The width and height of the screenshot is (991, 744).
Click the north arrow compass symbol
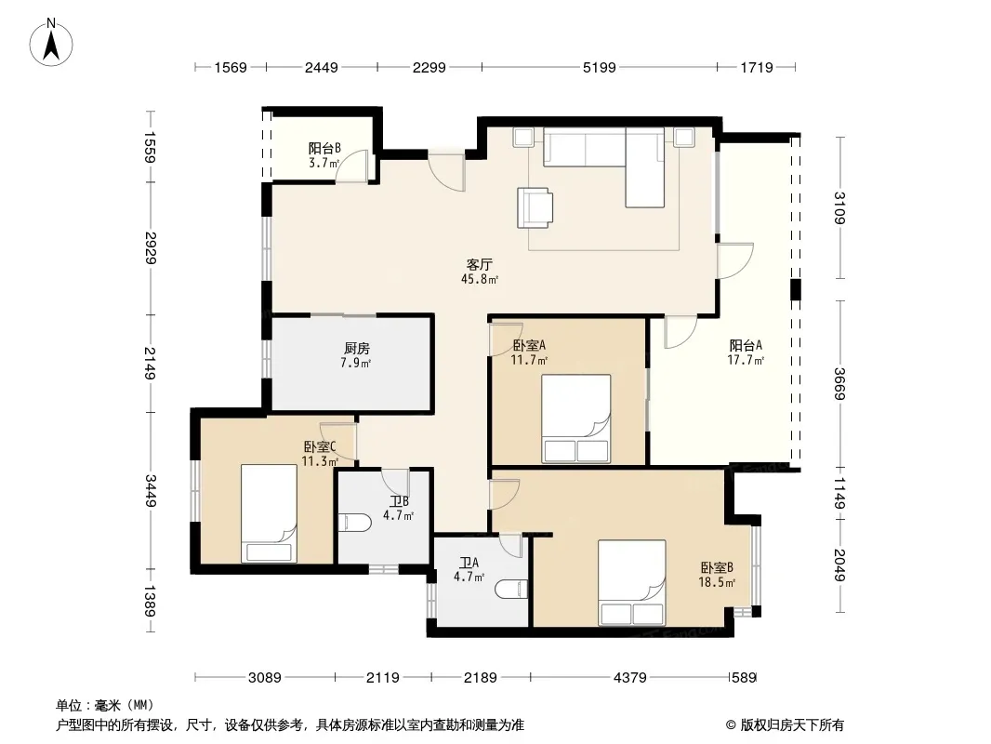pos(51,42)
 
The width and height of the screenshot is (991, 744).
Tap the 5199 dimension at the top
pos(599,67)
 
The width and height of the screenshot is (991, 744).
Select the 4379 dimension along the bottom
pos(629,678)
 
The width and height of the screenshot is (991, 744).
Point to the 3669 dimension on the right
pos(839,384)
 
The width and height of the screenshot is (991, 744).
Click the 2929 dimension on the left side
pos(151,247)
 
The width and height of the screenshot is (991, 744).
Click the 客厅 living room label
pos(479,264)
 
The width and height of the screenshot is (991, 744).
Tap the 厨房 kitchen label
pos(356,349)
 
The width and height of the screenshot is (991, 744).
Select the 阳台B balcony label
pos(324,149)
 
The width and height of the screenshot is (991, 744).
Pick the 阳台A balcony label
pos(746,345)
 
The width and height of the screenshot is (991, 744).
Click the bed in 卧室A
pos(575,418)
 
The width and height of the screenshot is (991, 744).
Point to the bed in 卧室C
pos(269,513)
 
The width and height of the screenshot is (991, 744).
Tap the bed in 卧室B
pos(632,583)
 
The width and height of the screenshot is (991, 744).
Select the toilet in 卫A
pos(512,589)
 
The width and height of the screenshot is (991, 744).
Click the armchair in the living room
pos(535,207)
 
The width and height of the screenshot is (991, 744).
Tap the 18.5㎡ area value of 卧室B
pos(717,582)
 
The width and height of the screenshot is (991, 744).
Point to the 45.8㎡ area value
pos(480,279)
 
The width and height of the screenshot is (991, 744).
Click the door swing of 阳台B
pos(351,166)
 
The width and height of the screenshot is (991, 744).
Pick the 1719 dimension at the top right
pos(756,67)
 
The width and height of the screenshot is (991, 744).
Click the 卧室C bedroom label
pos(319,446)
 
